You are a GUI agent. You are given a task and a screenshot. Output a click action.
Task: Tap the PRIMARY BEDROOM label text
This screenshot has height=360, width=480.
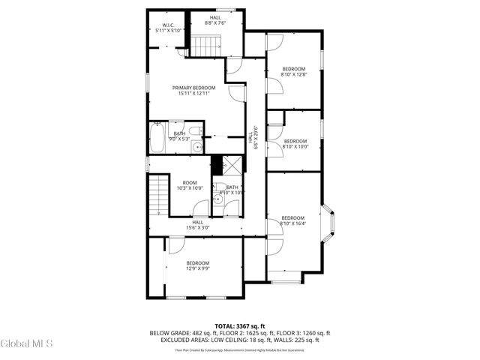188,91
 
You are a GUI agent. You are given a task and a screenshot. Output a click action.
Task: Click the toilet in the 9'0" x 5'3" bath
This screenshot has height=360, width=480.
194,132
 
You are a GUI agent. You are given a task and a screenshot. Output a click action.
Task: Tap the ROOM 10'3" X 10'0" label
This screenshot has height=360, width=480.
189,185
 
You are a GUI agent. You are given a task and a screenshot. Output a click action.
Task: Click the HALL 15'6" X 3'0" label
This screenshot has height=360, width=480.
197,224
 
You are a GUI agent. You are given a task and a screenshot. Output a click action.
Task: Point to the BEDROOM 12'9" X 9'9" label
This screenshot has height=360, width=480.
198,265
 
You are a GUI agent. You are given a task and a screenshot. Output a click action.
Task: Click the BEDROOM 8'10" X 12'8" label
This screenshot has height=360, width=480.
293,71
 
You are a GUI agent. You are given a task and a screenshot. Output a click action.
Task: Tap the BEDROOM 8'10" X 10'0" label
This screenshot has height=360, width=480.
295,144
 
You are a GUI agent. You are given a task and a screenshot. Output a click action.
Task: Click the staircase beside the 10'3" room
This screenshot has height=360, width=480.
158,196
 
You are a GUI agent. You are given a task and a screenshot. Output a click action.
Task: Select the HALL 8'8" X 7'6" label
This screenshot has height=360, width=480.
214,20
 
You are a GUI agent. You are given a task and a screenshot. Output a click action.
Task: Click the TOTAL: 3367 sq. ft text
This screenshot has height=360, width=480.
239,325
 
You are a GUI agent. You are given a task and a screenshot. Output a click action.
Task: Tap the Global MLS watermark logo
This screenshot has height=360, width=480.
27,344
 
